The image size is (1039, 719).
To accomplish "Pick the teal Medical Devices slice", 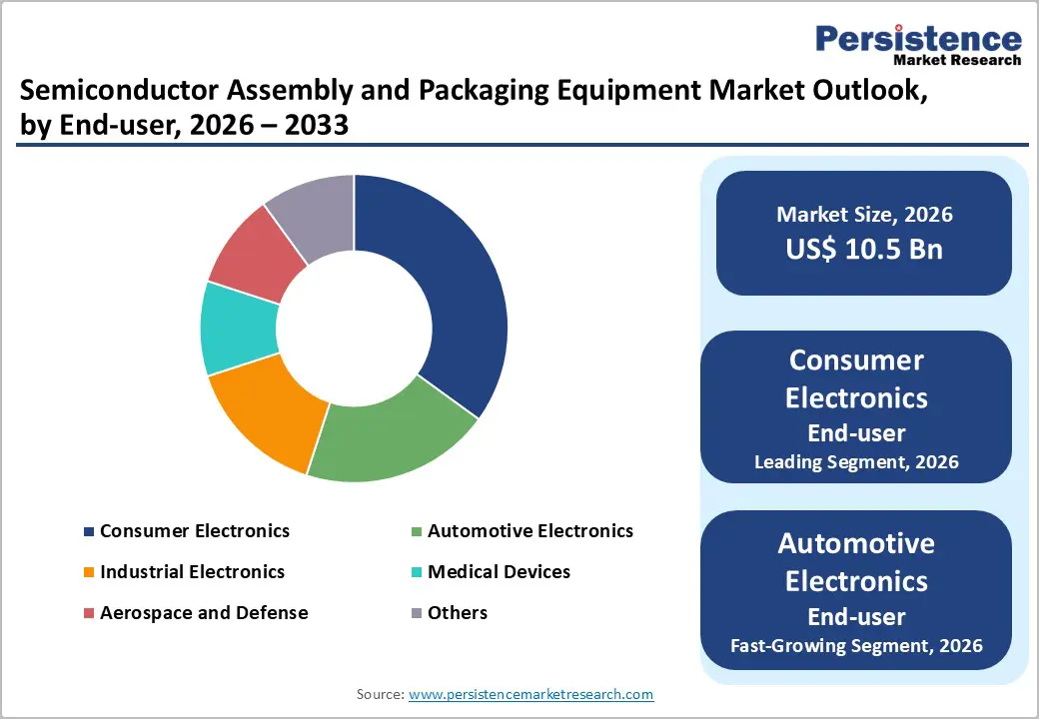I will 238,328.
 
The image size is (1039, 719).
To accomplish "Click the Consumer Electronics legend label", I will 195,531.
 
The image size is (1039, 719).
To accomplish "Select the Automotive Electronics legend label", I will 529,531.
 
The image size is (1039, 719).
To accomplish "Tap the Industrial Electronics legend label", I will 192,572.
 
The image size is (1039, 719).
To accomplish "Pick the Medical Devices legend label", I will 499,572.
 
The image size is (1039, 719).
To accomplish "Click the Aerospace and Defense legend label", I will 204,612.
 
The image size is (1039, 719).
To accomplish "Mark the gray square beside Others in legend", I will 417,613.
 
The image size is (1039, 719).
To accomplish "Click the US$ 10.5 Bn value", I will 864,249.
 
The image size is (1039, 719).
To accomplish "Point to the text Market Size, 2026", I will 864,215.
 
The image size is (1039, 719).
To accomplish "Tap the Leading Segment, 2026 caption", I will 856,462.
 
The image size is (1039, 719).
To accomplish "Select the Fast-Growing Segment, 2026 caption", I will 856,646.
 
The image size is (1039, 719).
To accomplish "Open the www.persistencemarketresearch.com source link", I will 531,694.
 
